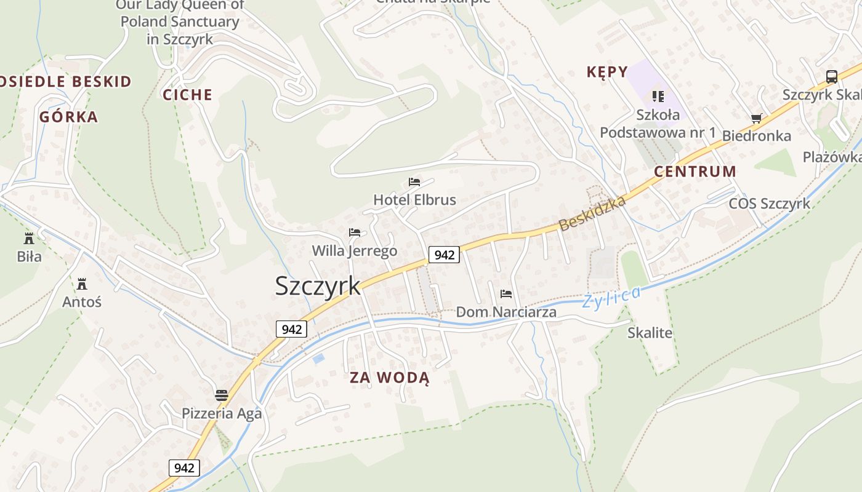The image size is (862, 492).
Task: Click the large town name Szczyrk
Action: tap(318, 286)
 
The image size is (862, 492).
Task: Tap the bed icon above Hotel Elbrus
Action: tap(414, 182)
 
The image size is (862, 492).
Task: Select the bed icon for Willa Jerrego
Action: tap(355, 232)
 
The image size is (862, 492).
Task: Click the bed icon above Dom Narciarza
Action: tap(506, 294)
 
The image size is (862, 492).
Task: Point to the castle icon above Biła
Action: tap(29, 238)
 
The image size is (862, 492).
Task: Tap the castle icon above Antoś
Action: tap(81, 284)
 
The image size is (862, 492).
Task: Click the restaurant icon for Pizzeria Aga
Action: tap(222, 395)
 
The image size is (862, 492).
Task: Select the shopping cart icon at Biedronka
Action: tap(757, 118)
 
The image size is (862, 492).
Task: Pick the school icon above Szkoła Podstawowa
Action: tap(658, 96)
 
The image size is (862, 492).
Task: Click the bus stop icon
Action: tap(831, 77)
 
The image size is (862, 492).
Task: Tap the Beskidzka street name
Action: tap(592, 213)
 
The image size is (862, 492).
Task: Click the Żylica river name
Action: tap(611, 296)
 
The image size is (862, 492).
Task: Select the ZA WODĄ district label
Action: tap(389, 377)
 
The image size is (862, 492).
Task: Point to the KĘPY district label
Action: tap(607, 72)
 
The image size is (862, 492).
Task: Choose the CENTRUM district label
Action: tap(695, 172)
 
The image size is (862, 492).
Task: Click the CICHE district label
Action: tap(187, 95)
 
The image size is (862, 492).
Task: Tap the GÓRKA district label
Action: tap(68, 117)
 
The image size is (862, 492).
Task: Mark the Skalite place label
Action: tap(650, 333)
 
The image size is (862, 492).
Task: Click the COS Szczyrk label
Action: tap(769, 204)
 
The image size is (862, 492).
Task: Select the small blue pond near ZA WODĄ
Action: tap(318, 358)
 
